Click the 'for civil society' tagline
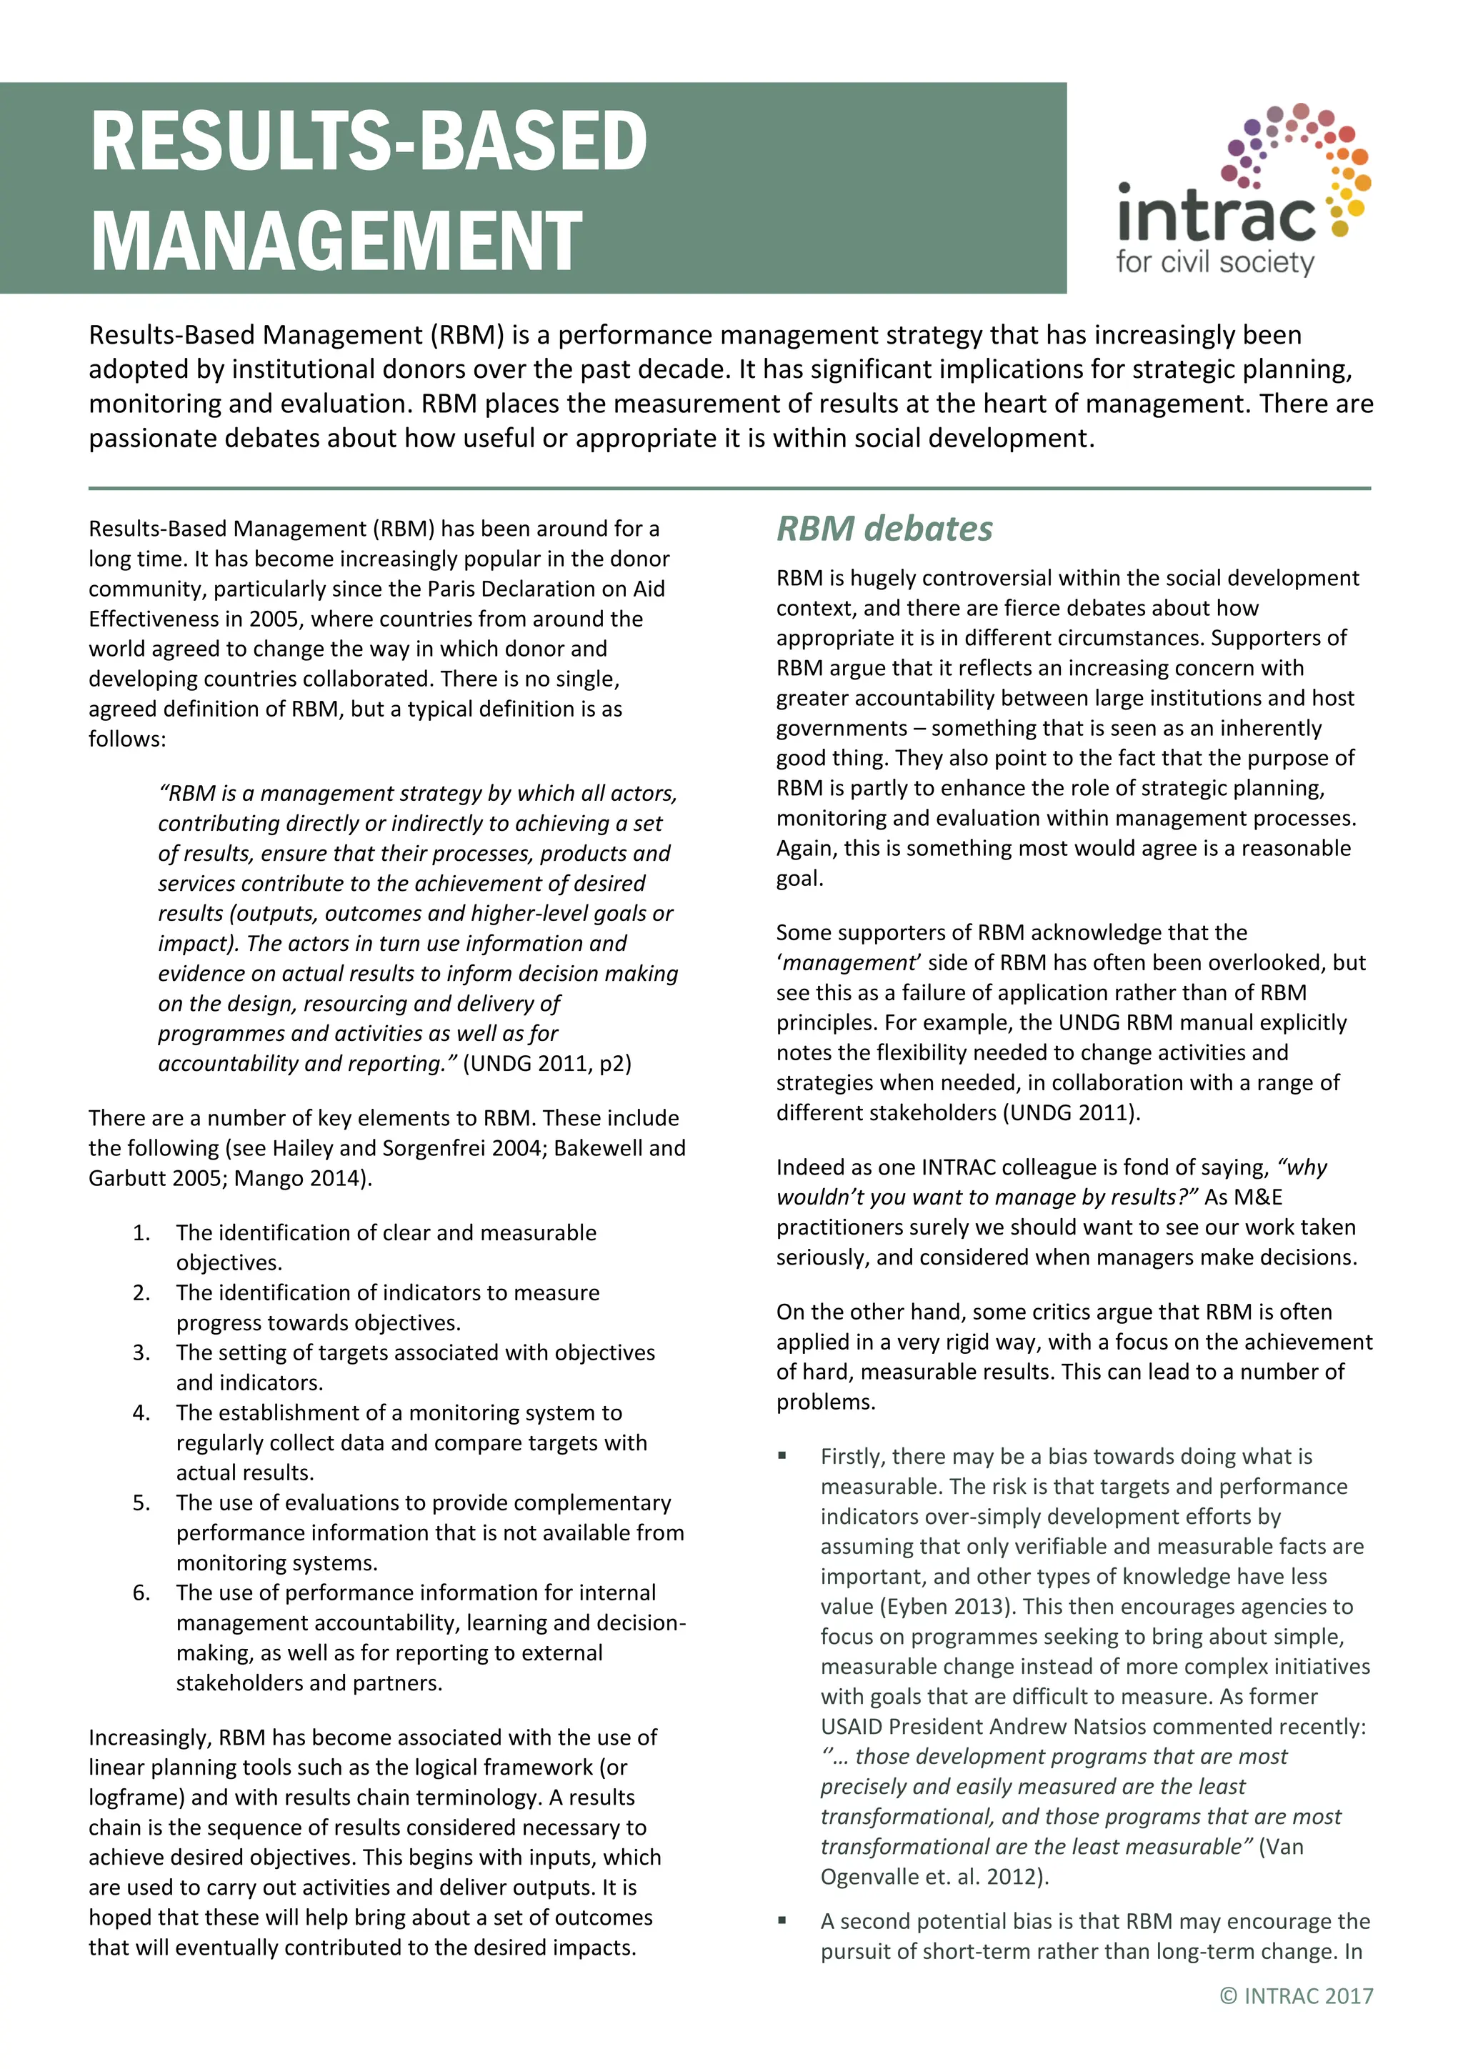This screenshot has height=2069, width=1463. click(1214, 262)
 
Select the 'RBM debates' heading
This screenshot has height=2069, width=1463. click(884, 529)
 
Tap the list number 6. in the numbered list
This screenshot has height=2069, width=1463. click(141, 1592)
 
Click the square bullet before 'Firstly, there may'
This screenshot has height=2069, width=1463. click(782, 1455)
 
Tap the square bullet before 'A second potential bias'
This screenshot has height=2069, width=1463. click(782, 1920)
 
